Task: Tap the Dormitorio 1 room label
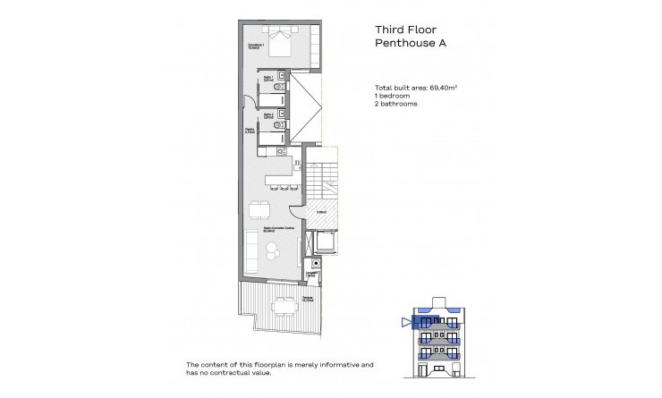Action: pyautogui.click(x=257, y=46)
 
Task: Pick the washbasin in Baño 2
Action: pyautogui.click(x=282, y=115)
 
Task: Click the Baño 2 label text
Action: pyautogui.click(x=267, y=117)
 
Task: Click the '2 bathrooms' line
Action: pyautogui.click(x=396, y=103)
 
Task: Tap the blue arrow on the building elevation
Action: pyautogui.click(x=406, y=322)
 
